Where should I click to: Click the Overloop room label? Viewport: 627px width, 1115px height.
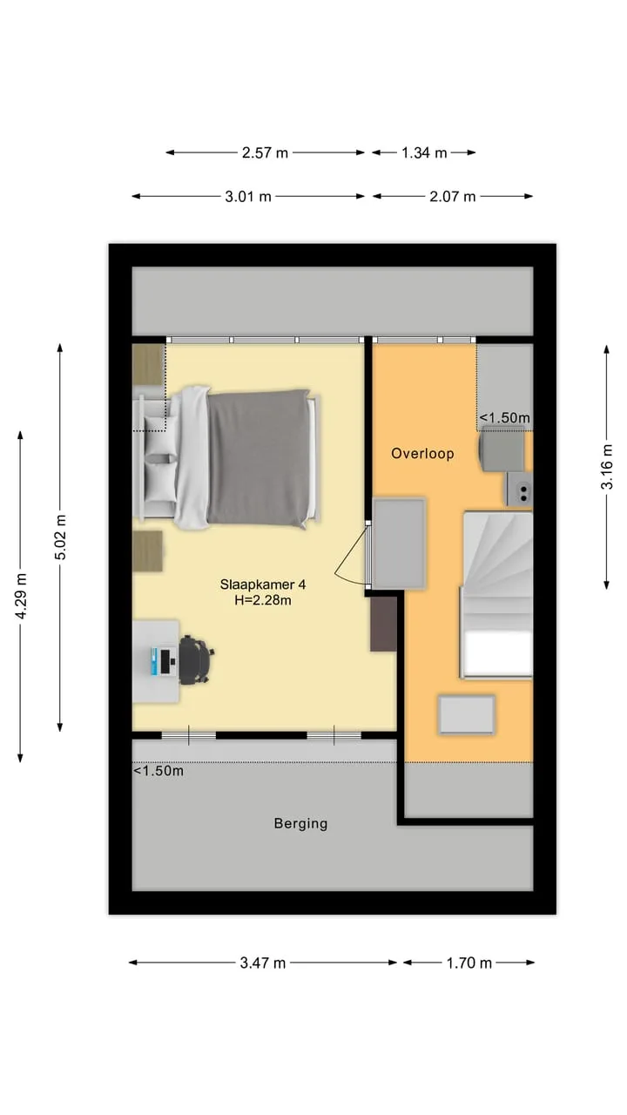[422, 454]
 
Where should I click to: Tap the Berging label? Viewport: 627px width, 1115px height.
[300, 823]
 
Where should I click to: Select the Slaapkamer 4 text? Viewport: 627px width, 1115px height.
[263, 584]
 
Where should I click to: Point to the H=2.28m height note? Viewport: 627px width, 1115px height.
[263, 600]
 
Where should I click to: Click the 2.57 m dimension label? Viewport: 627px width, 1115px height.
[265, 152]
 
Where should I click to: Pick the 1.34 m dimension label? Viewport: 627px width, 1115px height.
[424, 152]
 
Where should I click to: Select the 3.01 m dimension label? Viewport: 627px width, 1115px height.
[248, 197]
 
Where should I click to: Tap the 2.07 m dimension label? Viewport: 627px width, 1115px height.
[452, 197]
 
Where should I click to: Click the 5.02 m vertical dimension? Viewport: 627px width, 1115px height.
[60, 537]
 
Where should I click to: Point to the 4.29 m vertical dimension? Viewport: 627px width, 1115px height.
[20, 596]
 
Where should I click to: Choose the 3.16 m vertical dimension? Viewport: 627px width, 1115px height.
[607, 466]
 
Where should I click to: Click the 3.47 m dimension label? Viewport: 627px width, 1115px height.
[263, 963]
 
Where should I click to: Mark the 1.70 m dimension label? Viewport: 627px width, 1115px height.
[469, 963]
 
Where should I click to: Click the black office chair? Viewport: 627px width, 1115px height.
[196, 660]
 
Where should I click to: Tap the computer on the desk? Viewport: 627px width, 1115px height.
[162, 661]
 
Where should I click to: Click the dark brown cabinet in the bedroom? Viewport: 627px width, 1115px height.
[383, 624]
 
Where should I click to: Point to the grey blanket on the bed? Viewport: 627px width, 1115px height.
[260, 458]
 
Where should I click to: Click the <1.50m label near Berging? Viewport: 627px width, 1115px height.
[158, 771]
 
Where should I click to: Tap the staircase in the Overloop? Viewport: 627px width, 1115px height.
[496, 594]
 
